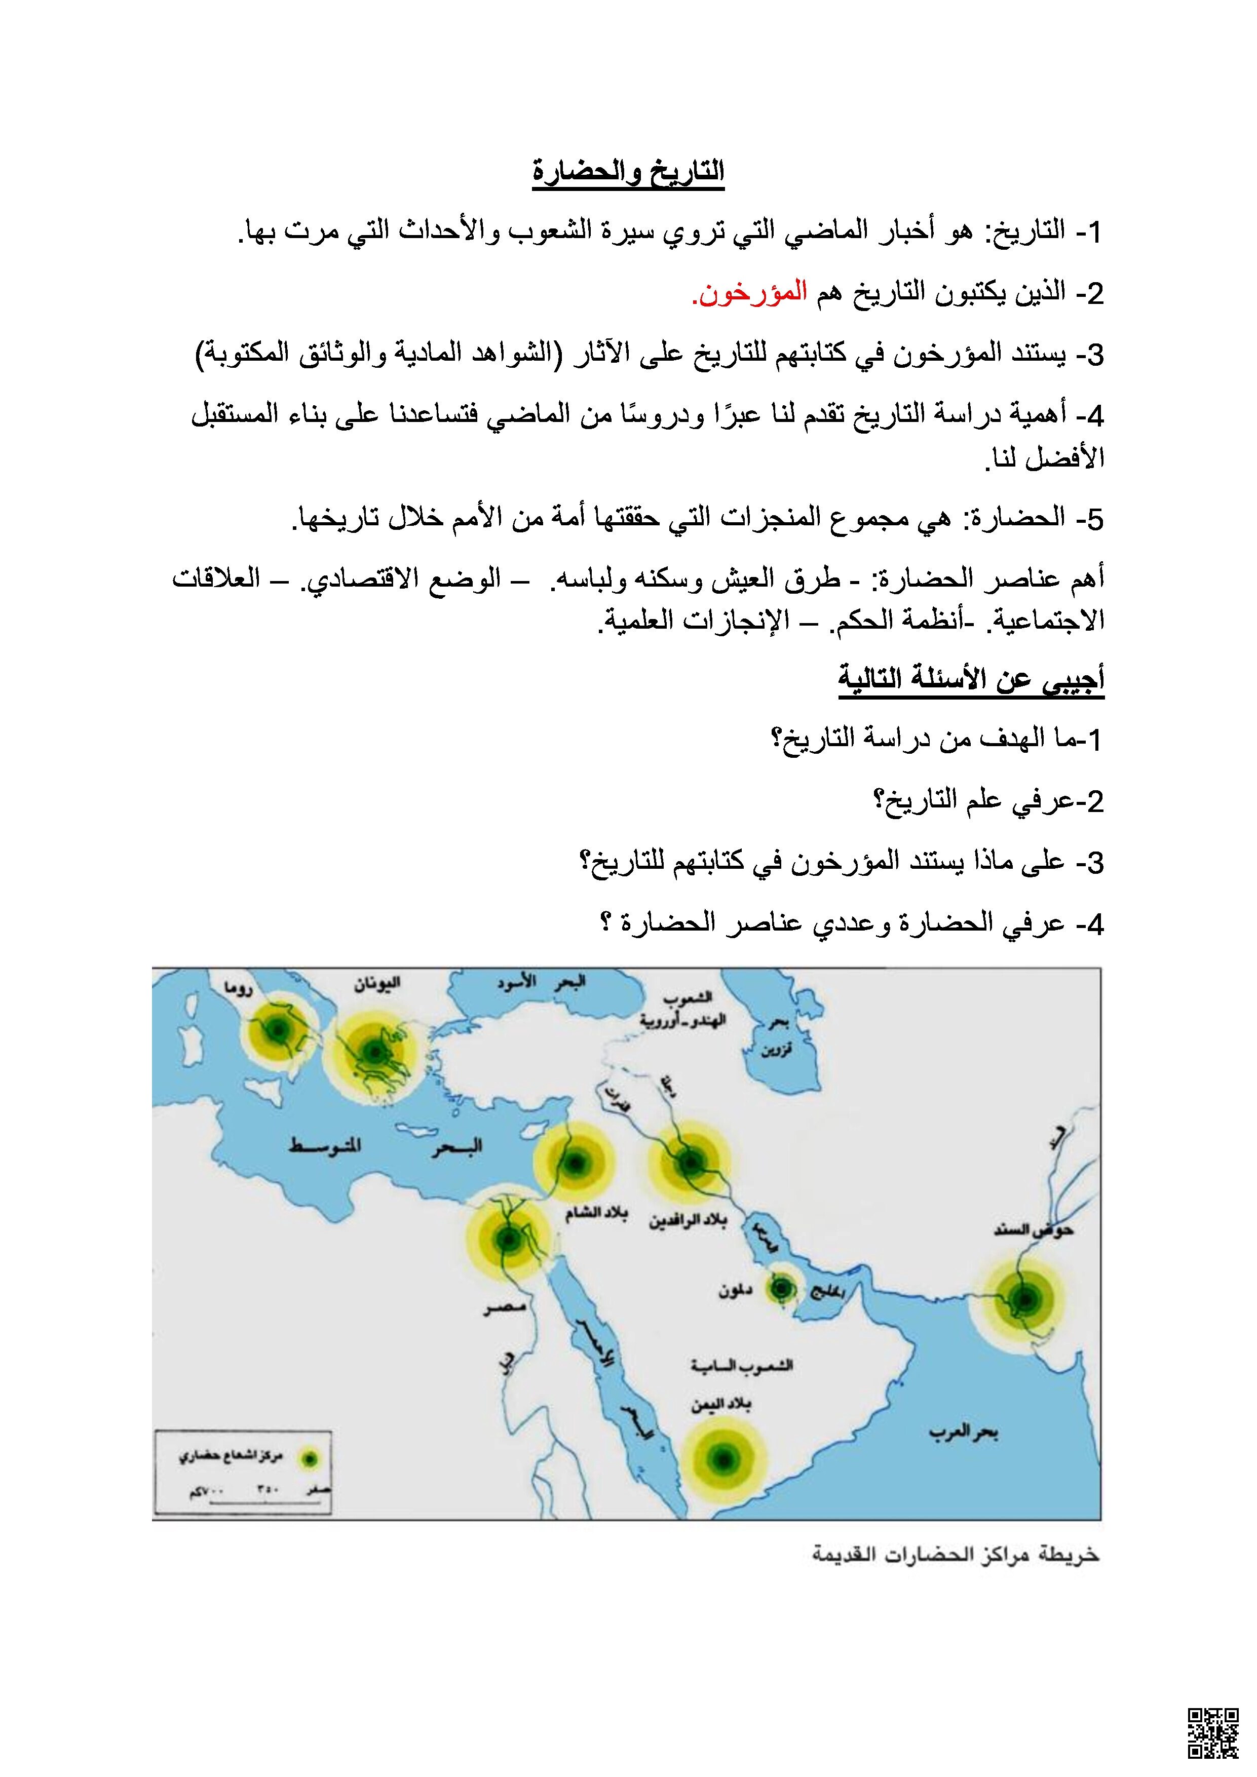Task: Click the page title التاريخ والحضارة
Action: pyautogui.click(x=628, y=171)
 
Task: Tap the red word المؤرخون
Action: pyautogui.click(x=749, y=293)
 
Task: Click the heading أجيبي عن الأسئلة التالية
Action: pyautogui.click(x=971, y=679)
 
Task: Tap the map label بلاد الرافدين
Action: pyautogui.click(x=688, y=1220)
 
